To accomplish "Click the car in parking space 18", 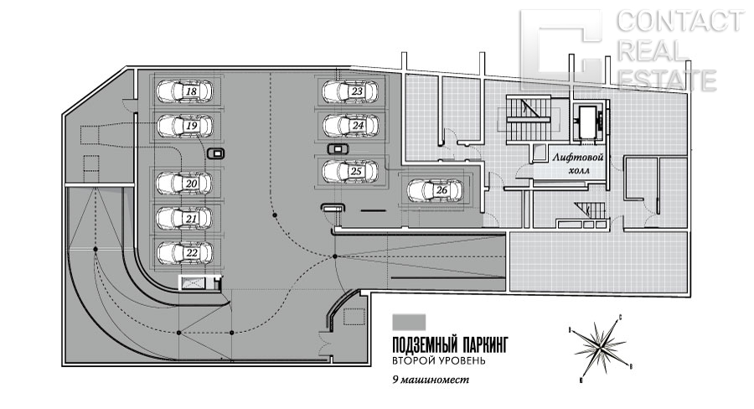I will (x=185, y=91).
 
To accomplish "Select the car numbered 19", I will (x=185, y=126).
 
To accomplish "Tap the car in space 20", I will (x=185, y=182).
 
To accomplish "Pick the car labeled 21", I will (x=185, y=218).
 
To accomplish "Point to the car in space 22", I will (x=185, y=251).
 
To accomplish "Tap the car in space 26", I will (x=434, y=191).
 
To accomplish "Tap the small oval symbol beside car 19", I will (x=218, y=153).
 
